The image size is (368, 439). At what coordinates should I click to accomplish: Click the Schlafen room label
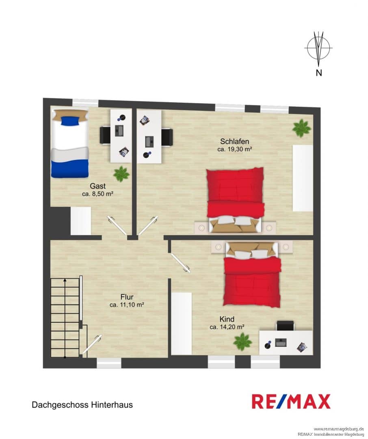coord(234,141)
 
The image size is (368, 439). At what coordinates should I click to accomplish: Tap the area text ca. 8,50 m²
coord(97,194)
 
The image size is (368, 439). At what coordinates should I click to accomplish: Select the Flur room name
coord(127,297)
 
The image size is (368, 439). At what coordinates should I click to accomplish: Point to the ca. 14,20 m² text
coord(227,327)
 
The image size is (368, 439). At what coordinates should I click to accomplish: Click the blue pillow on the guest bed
coord(70,121)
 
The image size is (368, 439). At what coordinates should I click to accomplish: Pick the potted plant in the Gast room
coord(121,174)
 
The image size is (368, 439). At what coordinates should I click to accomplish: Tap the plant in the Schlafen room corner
coord(301,128)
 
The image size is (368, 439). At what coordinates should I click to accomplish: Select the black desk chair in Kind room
coord(286,326)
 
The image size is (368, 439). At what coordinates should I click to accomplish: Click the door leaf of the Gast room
coord(117,225)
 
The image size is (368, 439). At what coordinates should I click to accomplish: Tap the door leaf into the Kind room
coord(180,263)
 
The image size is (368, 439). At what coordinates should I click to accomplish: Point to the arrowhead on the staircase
coord(65,280)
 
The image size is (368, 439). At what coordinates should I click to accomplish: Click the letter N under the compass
coord(319,73)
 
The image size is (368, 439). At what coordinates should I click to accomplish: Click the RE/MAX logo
coord(291,401)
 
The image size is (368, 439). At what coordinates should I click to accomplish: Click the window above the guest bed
coord(86,102)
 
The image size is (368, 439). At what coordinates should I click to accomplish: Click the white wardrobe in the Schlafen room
coord(303,178)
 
